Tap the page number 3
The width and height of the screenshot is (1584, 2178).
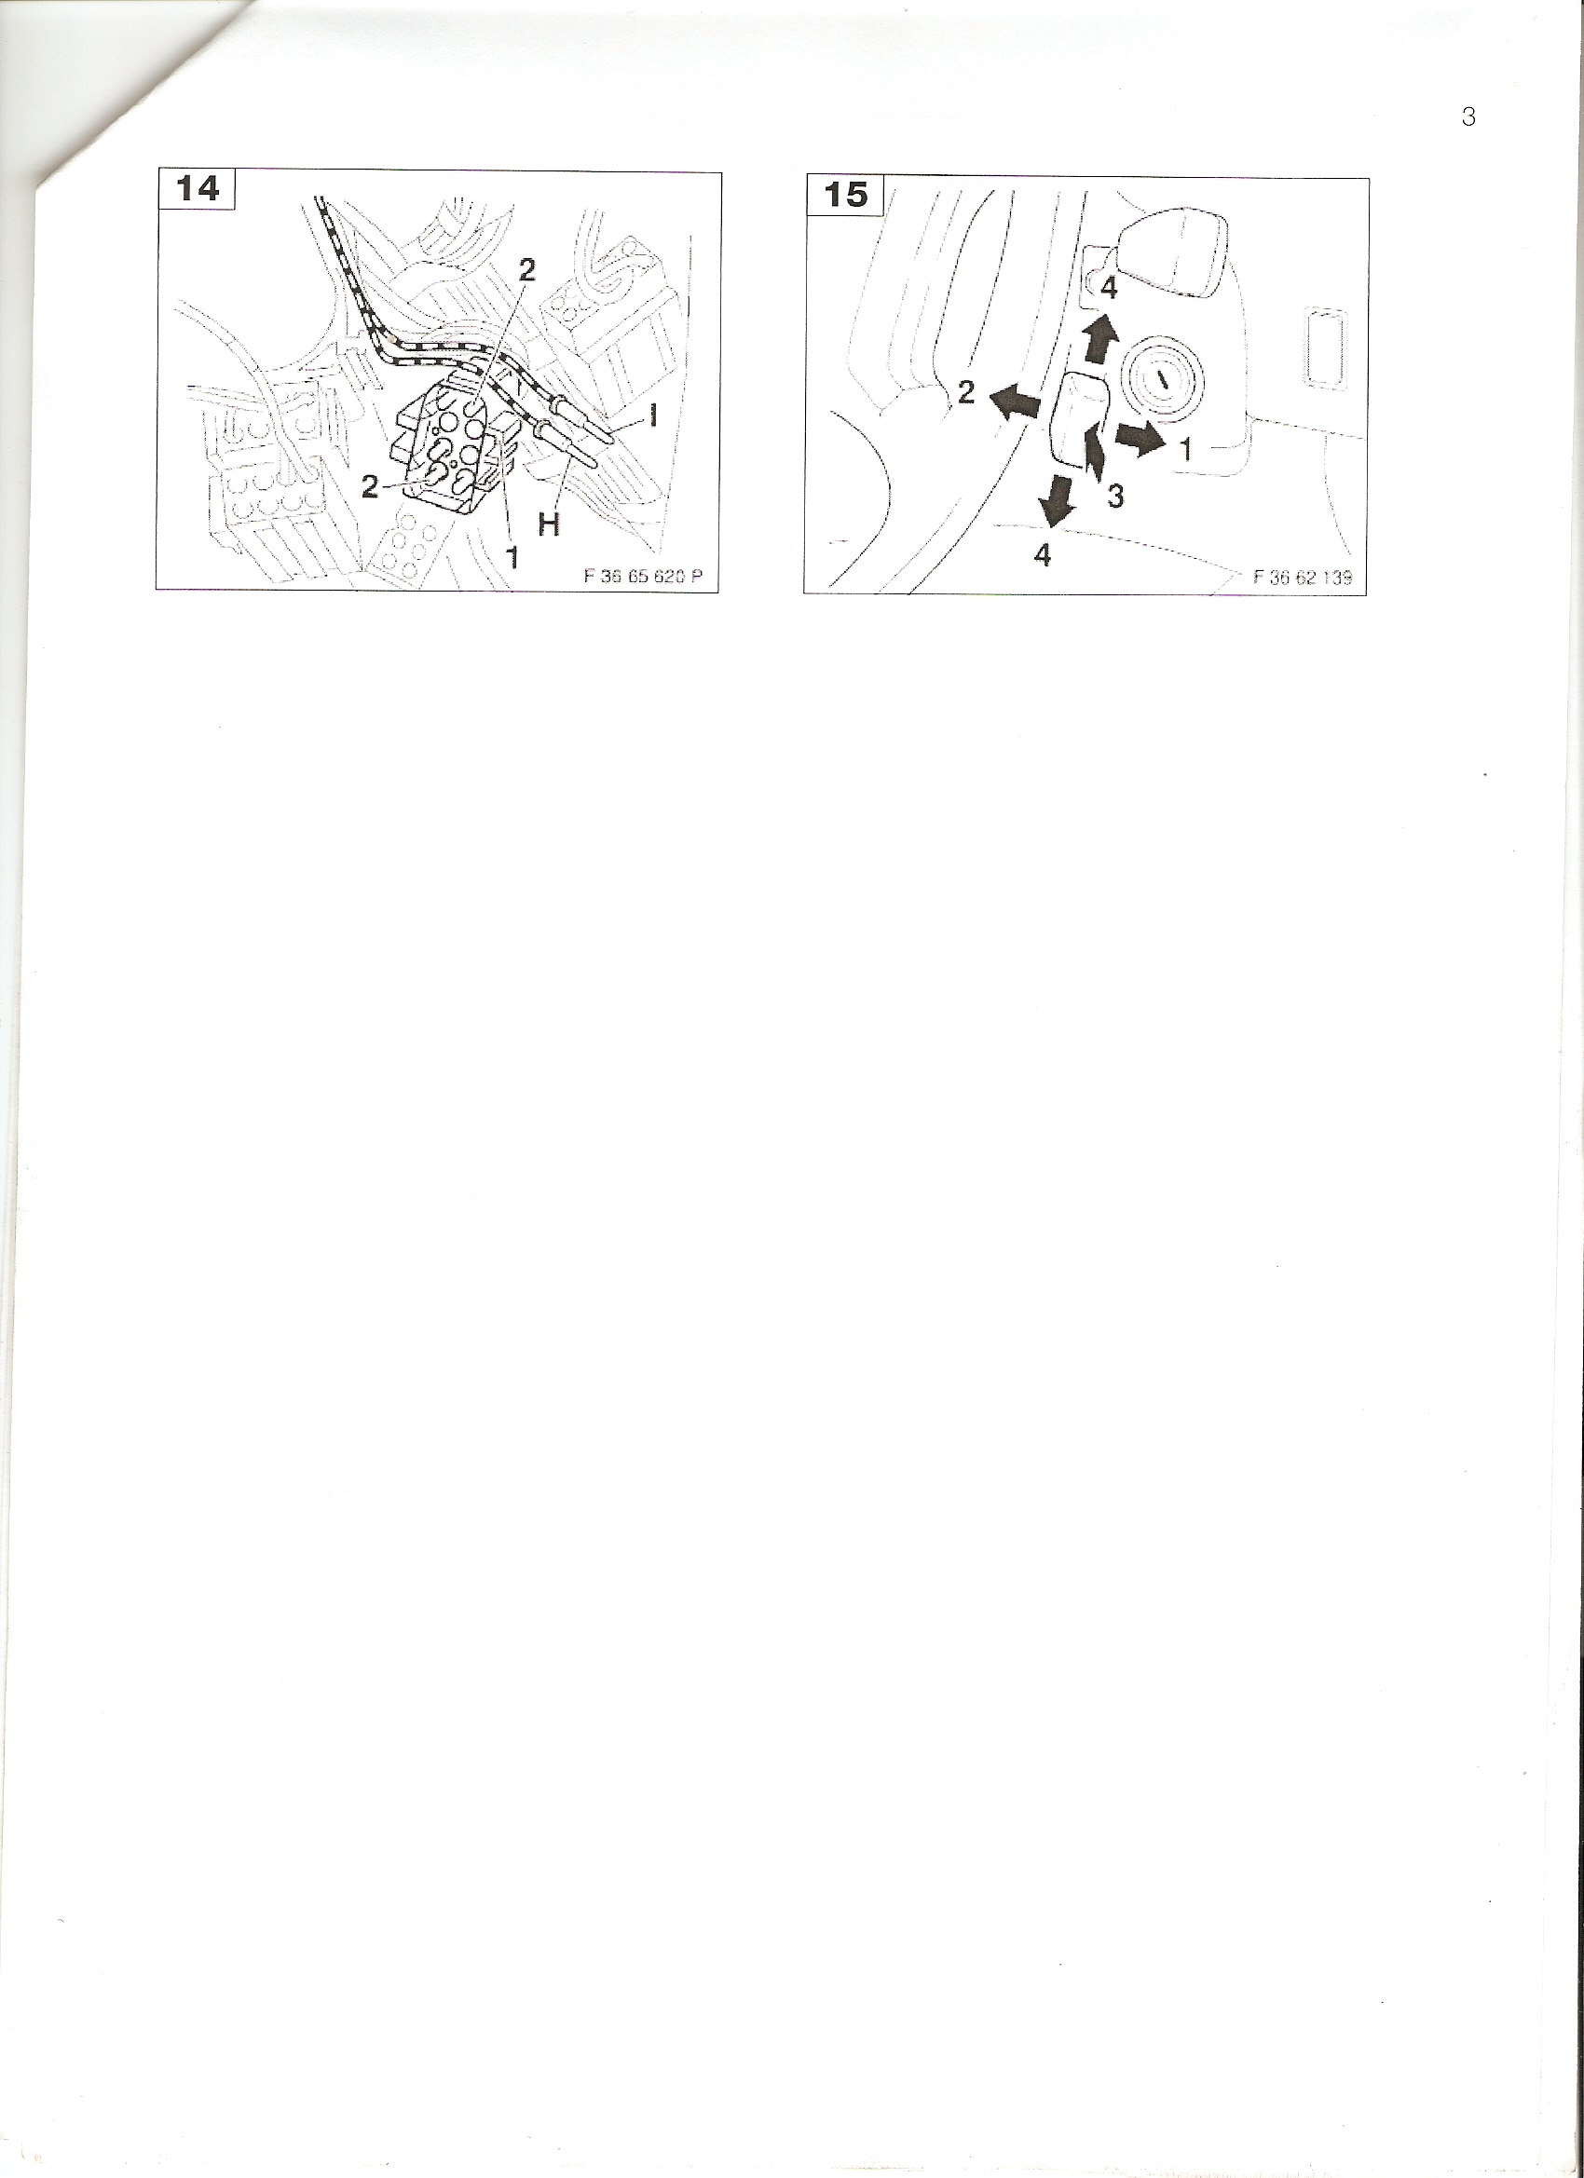(x=1468, y=117)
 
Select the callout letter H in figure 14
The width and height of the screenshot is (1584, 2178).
(x=550, y=524)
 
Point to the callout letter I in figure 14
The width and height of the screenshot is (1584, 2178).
(x=654, y=415)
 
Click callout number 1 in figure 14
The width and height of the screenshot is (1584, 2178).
(x=513, y=555)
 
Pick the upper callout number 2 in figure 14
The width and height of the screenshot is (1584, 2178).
(x=526, y=270)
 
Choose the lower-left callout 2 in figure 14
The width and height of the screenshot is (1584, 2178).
(x=371, y=488)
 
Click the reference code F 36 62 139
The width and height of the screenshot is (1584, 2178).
(x=1303, y=578)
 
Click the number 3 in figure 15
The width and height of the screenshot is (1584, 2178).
(x=1115, y=497)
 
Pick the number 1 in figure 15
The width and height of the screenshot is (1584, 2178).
(x=1186, y=448)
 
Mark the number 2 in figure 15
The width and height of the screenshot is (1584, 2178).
(x=966, y=392)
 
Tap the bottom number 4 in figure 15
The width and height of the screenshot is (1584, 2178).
(x=1043, y=555)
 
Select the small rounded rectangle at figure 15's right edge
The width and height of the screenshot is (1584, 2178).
(x=1325, y=347)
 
